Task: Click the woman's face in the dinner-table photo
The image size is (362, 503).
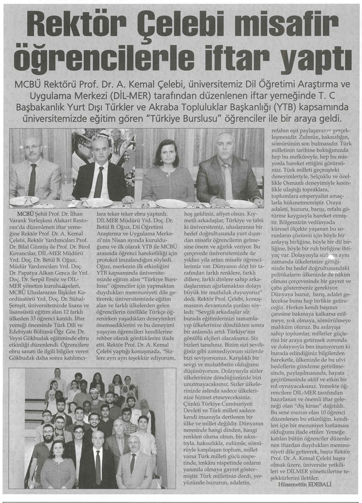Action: pos(166,152)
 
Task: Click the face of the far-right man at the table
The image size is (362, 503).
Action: pos(225,147)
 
